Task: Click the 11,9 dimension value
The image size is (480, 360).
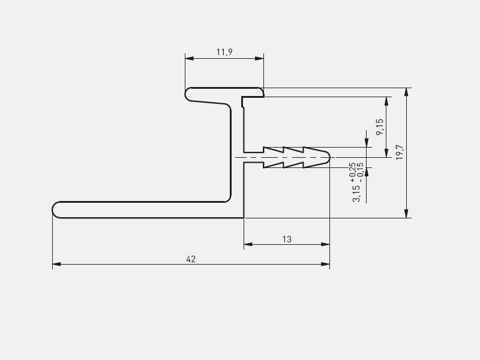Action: pyautogui.click(x=224, y=52)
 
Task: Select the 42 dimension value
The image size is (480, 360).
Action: pyautogui.click(x=191, y=259)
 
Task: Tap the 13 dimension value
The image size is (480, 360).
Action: pyautogui.click(x=287, y=239)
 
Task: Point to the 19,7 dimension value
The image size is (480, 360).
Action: pyautogui.click(x=400, y=152)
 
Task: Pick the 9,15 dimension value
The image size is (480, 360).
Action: pyautogui.click(x=379, y=127)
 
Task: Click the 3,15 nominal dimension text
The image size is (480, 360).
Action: pyautogui.click(x=357, y=193)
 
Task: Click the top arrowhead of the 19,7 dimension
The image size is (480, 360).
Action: pyautogui.click(x=407, y=92)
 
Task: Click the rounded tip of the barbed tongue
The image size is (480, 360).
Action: pyautogui.click(x=328, y=157)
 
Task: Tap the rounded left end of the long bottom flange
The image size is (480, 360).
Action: pyautogui.click(x=54, y=209)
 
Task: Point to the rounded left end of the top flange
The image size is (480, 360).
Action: pyautogui.click(x=186, y=94)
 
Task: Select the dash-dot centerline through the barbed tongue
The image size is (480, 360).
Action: pyautogui.click(x=282, y=157)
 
